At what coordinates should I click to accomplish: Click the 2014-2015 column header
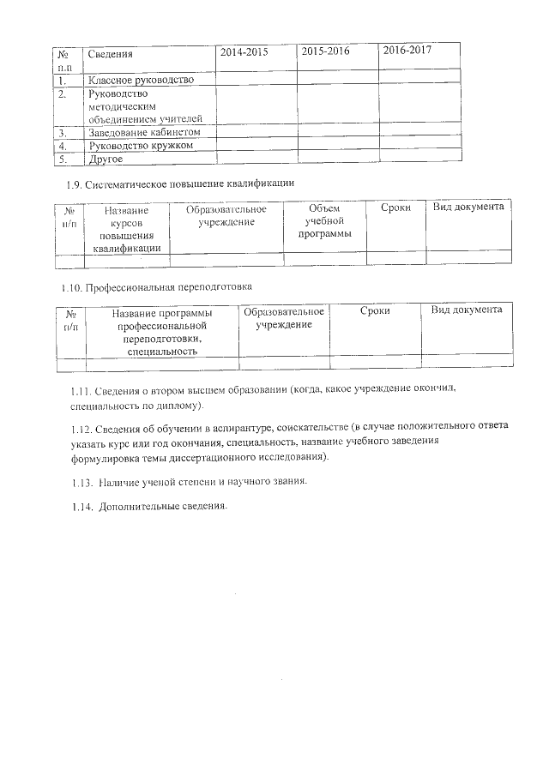tap(244, 52)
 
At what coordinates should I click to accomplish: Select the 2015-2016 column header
tap(326, 52)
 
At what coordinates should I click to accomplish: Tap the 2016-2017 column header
tap(407, 51)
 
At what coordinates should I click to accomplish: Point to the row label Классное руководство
tap(141, 80)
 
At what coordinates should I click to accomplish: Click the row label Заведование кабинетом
tap(144, 133)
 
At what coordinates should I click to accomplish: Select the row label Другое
tap(106, 159)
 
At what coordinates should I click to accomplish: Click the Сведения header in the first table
tap(111, 54)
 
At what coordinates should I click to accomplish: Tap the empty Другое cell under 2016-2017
tap(419, 158)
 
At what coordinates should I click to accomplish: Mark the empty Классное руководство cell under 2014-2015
tap(256, 80)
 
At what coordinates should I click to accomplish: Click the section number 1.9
tap(74, 183)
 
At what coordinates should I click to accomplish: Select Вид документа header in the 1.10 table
tap(466, 310)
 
